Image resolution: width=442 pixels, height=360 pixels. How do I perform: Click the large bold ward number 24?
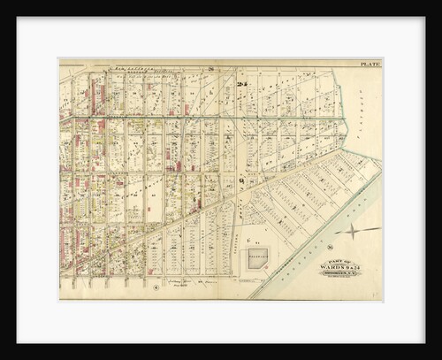point(240,85)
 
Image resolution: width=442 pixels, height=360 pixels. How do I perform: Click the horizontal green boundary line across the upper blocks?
point(212,117)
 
